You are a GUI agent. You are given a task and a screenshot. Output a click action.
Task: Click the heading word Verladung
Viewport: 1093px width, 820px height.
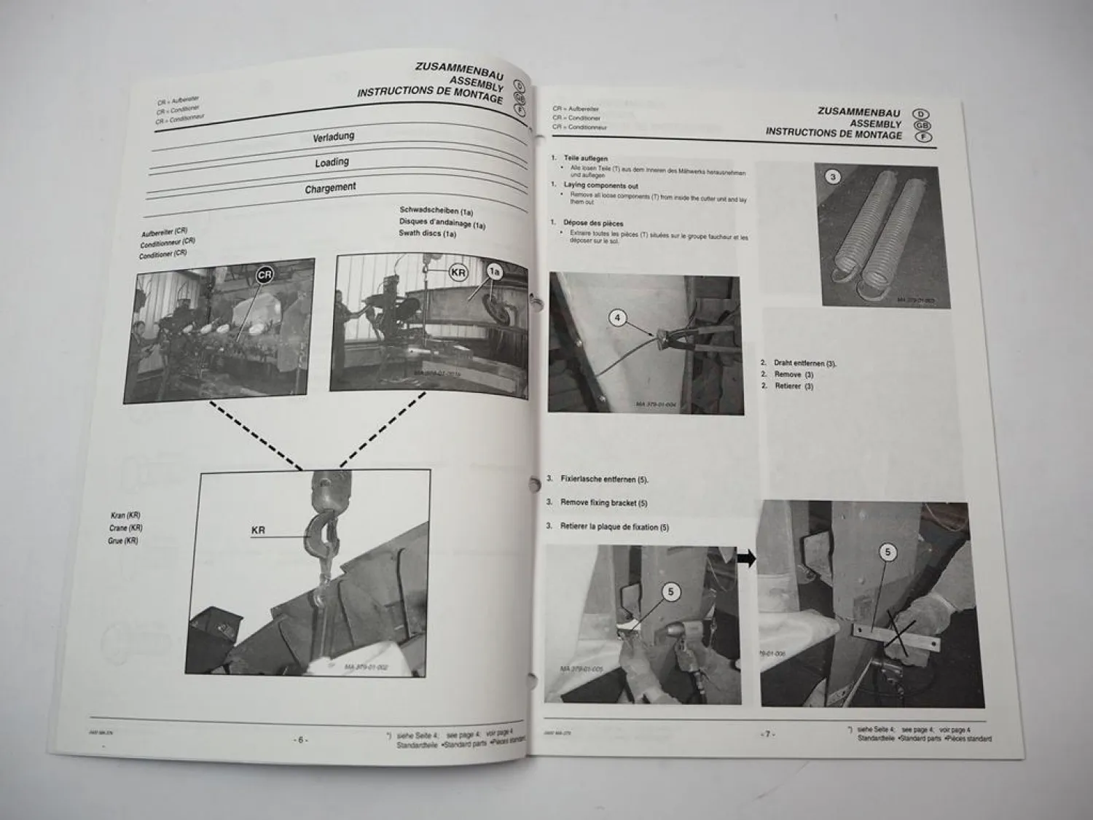click(x=333, y=137)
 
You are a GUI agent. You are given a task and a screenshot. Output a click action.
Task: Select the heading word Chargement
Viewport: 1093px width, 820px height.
click(x=330, y=188)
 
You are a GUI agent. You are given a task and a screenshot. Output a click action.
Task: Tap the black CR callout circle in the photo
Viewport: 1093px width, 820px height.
click(x=265, y=275)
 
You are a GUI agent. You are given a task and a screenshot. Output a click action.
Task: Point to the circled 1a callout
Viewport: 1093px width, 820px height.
click(x=495, y=272)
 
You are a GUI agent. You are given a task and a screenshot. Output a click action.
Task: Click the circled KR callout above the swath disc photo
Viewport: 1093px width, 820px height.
click(x=458, y=273)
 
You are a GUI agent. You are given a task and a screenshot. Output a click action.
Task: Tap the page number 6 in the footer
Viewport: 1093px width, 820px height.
click(x=301, y=739)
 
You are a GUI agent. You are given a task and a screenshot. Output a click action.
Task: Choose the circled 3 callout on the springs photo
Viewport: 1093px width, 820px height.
click(x=834, y=176)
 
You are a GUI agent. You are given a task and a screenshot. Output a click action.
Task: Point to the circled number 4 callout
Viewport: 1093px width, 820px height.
click(x=617, y=318)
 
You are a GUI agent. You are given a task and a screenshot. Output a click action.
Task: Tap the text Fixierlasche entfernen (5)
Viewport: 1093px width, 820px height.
click(x=603, y=480)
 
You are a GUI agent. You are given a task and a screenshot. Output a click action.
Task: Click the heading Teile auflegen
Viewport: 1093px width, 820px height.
click(x=585, y=158)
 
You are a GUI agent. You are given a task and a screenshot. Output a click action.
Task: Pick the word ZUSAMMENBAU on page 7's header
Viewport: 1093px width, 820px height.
click(x=858, y=112)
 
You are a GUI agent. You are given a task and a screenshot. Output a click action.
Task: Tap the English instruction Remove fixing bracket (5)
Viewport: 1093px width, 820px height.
click(x=603, y=503)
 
